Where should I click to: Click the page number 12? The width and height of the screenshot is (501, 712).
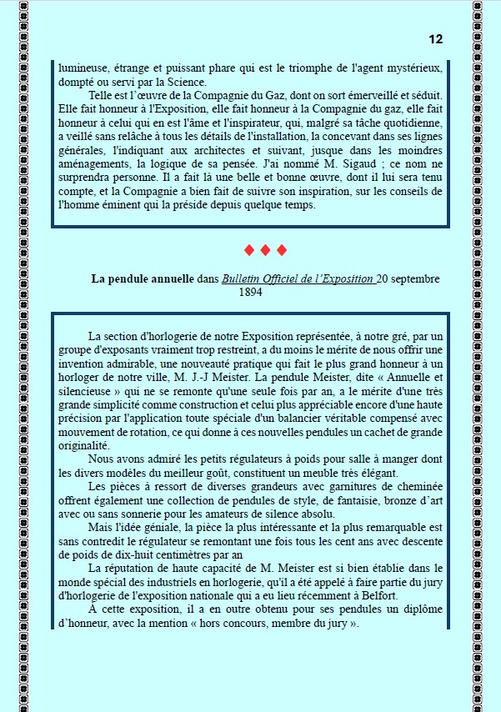(x=436, y=40)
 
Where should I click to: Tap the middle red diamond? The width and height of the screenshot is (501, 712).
(x=264, y=250)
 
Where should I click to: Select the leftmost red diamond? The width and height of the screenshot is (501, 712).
(x=248, y=250)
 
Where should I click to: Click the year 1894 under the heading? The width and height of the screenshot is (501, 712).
(x=251, y=293)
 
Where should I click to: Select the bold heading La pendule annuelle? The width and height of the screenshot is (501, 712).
(x=143, y=278)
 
